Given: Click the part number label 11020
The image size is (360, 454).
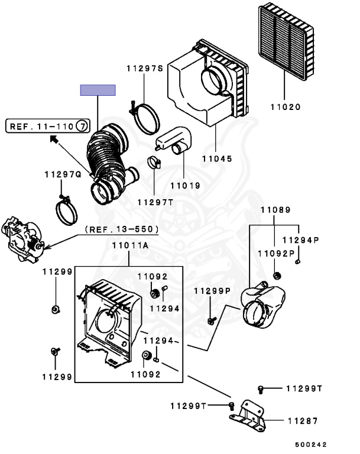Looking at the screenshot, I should tap(286, 108).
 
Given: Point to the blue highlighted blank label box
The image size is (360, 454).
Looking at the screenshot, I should tap(98, 90).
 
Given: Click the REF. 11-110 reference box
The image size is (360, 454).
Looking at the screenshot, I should tap(48, 125).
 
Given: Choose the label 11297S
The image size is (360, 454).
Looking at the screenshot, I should tap(144, 69).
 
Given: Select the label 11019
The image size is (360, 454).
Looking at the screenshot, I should tap(185, 185).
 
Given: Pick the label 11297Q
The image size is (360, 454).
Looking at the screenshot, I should tap(62, 174).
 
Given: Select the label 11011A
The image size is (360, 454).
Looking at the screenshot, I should tap(129, 245).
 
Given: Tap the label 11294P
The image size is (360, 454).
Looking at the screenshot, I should tap(300, 241).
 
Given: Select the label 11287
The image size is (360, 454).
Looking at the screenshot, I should tap(303, 421).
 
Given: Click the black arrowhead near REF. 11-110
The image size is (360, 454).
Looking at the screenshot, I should tap(53, 140).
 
